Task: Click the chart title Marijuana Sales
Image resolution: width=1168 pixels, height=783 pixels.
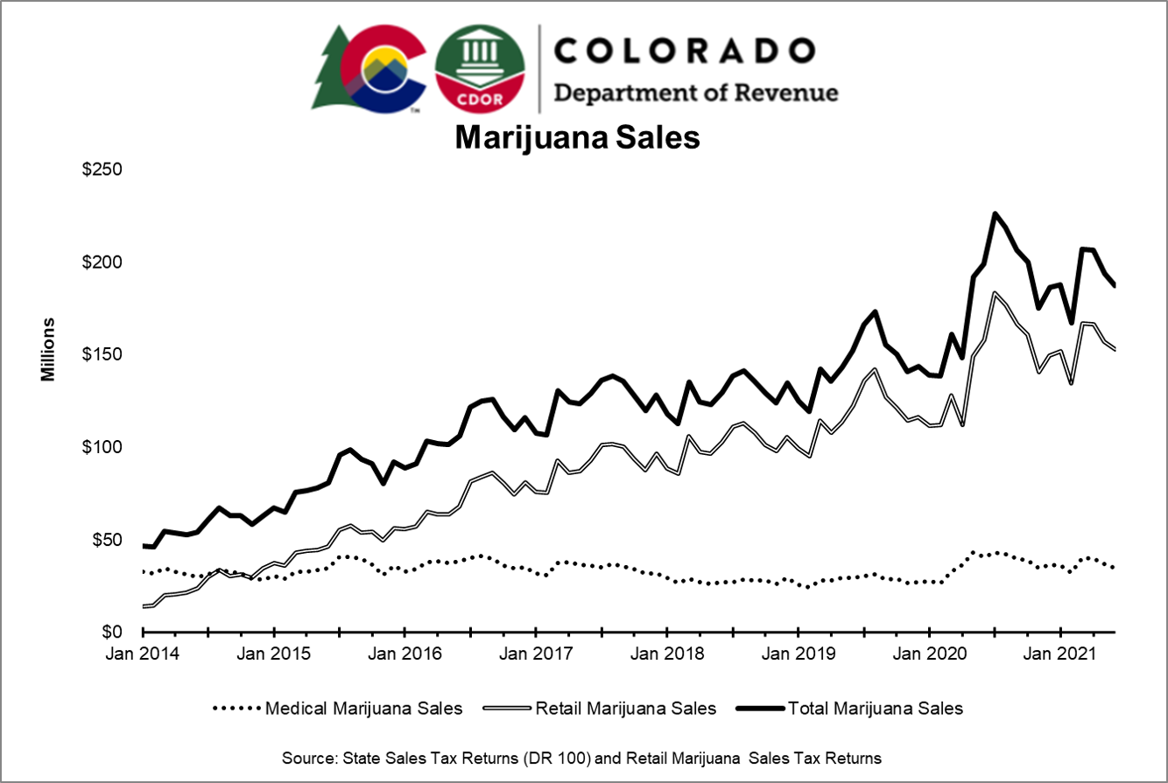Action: [x=577, y=138]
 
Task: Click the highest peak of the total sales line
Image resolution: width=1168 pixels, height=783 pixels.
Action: [x=995, y=213]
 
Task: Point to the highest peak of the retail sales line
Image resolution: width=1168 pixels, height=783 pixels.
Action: [x=995, y=293]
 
